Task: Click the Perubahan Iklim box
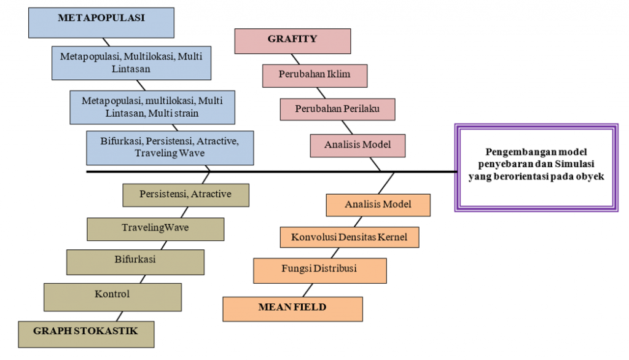point(314,76)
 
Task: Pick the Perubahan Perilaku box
point(337,109)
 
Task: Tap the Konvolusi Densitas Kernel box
point(349,237)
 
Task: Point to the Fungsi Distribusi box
point(319,270)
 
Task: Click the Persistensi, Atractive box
point(186,195)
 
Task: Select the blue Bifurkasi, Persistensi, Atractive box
point(170,147)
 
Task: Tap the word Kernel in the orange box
point(393,237)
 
